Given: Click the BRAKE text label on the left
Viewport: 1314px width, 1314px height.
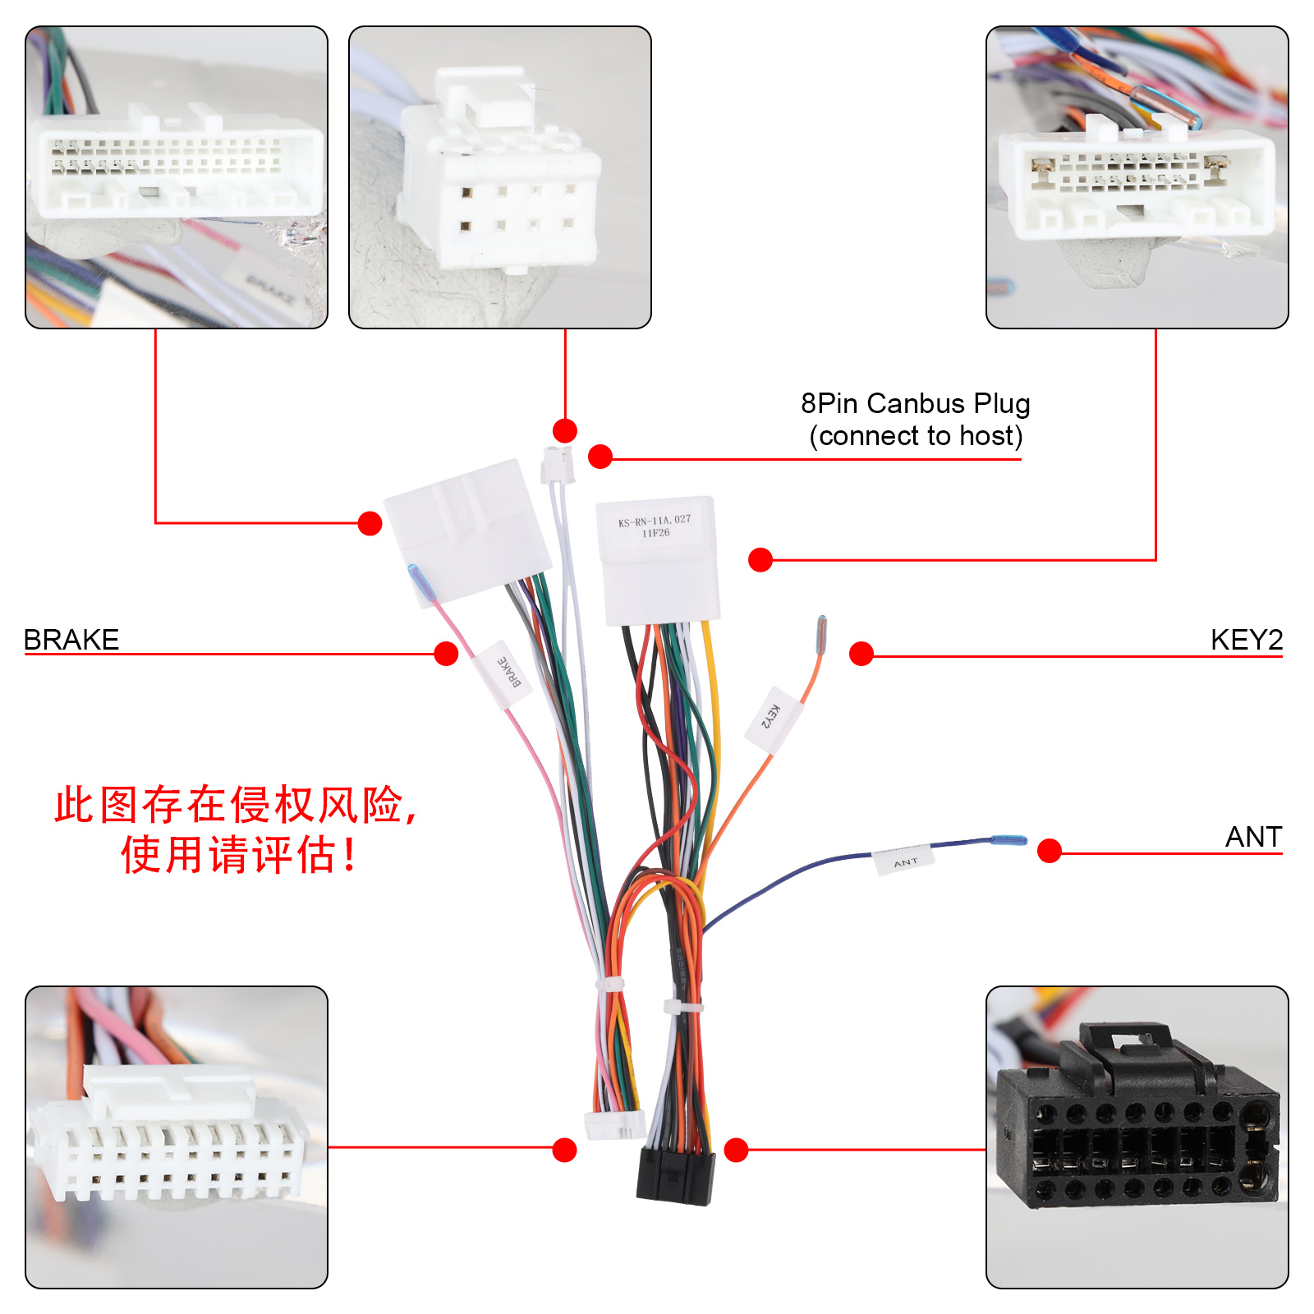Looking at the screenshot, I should [71, 639].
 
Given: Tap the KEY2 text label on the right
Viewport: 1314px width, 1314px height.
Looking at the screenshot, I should [1246, 639].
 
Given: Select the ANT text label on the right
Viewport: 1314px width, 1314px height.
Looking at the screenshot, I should [1253, 836].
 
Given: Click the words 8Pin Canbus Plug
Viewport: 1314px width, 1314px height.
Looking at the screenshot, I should [915, 403].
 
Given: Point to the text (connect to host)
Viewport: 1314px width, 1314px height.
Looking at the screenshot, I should [916, 435].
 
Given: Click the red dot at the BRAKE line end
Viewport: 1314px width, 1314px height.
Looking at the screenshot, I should [446, 654].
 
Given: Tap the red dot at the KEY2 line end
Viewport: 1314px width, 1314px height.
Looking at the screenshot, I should [861, 654].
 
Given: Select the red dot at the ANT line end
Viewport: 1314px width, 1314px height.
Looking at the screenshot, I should [1050, 851].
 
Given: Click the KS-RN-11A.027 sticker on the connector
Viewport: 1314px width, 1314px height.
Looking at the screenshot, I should [655, 526].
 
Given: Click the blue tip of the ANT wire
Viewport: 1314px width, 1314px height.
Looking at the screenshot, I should [1008, 840].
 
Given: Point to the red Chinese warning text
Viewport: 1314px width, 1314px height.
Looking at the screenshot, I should [236, 829].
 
